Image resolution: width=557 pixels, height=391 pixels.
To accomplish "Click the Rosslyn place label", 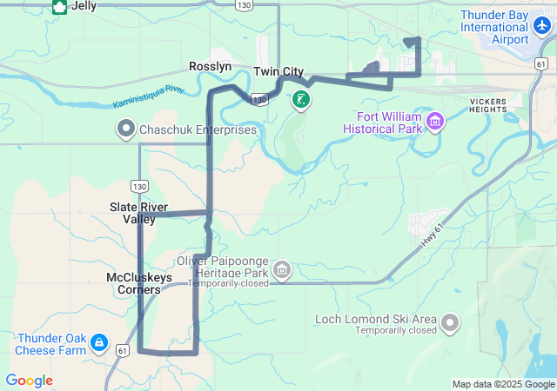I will point(211,66).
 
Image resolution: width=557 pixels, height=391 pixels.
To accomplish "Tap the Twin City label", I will point(278,71).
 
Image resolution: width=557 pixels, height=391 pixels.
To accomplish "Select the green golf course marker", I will point(300,100).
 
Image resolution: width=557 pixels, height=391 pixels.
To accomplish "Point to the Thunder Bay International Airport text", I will point(493,28).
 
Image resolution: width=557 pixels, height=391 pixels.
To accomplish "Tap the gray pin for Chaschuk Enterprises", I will point(125,130).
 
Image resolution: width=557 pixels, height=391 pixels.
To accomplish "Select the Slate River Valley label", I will point(138,213).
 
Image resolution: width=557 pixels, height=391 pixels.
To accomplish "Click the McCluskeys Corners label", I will point(139,283).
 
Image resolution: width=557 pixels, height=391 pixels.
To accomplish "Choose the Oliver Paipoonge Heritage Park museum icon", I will point(281,270).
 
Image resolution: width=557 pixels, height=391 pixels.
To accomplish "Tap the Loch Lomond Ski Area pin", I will point(449,323).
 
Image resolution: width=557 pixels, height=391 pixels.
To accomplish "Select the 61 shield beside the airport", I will point(540,65).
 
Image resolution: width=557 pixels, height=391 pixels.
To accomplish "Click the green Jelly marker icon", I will point(59,7).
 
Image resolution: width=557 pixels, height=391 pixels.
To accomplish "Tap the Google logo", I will point(29,381).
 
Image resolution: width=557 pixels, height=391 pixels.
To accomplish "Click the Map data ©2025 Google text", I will point(502,384).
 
